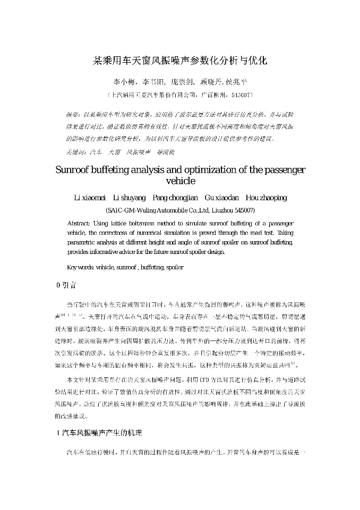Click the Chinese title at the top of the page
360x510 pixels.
(180, 61)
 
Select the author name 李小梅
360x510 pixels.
(124, 82)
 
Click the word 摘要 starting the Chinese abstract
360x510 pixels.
(73, 114)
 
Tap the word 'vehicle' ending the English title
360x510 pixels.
(181, 181)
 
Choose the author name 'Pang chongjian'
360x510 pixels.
(175, 198)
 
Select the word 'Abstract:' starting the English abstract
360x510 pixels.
(80, 223)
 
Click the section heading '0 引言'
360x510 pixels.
(66, 285)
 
